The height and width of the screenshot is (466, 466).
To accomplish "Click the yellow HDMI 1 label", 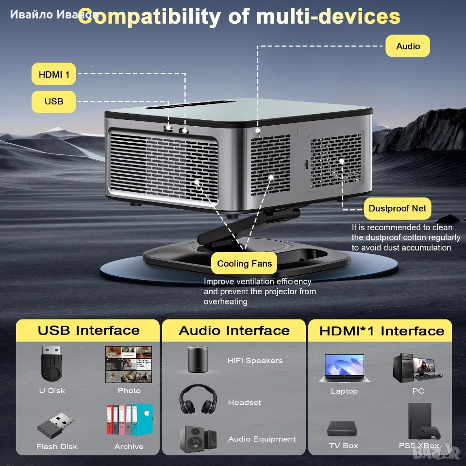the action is (x=54, y=74).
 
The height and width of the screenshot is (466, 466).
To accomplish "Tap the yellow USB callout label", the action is (x=54, y=101).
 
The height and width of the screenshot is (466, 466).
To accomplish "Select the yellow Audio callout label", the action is (x=408, y=46).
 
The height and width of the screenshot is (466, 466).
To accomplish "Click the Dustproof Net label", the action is (x=398, y=209).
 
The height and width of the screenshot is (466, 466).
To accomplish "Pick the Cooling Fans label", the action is (x=244, y=263).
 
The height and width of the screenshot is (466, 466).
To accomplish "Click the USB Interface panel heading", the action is (x=88, y=331).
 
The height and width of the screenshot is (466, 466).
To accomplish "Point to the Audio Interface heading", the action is (x=234, y=331).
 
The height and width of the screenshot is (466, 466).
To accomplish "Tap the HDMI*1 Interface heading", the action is (x=382, y=331).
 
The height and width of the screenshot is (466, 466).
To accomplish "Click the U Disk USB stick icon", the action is (x=52, y=363).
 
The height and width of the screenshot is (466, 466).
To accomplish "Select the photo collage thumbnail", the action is (x=129, y=365).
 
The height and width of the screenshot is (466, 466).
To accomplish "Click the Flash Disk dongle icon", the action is (x=55, y=426).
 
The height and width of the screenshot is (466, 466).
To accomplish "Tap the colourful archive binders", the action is (x=130, y=420).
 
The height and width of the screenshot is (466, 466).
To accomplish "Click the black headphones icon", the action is (x=198, y=399).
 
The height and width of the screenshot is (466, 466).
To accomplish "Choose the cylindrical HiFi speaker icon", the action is (x=198, y=359).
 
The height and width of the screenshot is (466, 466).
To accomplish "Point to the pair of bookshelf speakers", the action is (x=198, y=439).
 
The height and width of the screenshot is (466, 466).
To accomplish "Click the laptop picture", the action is (x=344, y=368).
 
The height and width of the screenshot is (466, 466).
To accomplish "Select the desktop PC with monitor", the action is (x=417, y=368).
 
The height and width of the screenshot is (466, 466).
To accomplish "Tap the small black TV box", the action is (x=342, y=428).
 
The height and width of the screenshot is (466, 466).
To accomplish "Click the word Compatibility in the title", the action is (x=149, y=17).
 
